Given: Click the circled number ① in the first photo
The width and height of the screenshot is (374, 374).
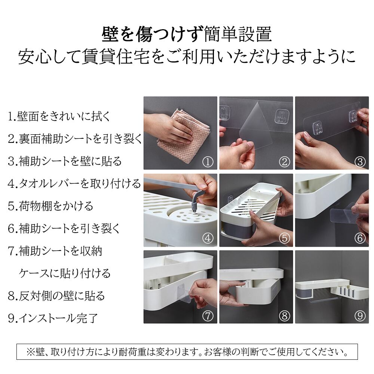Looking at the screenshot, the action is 208,162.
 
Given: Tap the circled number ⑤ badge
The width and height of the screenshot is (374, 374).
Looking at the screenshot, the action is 284,238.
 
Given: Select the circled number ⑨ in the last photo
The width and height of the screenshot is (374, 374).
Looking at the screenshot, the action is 360,316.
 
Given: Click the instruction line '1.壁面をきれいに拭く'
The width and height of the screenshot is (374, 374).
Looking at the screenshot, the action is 59,117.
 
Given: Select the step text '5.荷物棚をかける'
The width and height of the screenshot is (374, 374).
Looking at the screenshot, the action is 50,206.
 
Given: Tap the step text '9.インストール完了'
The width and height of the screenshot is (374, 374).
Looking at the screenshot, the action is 53,318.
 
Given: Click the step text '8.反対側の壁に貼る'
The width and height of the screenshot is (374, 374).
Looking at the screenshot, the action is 56,296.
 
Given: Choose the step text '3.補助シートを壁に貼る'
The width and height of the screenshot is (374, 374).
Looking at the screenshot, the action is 65,161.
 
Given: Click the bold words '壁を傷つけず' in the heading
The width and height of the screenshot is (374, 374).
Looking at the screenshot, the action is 153,34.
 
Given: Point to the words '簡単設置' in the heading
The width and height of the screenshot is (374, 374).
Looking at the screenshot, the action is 238,34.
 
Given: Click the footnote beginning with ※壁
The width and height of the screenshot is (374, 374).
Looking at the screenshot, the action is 187,352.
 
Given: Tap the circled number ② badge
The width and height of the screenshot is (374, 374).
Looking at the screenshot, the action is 284,162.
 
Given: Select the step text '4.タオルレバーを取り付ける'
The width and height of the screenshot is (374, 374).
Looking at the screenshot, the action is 74,184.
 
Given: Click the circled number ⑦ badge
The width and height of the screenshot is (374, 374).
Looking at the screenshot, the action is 208,316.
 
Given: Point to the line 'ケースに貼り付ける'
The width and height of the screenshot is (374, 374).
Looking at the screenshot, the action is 65,273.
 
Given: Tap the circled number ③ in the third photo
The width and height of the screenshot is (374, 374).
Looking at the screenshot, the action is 360,162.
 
